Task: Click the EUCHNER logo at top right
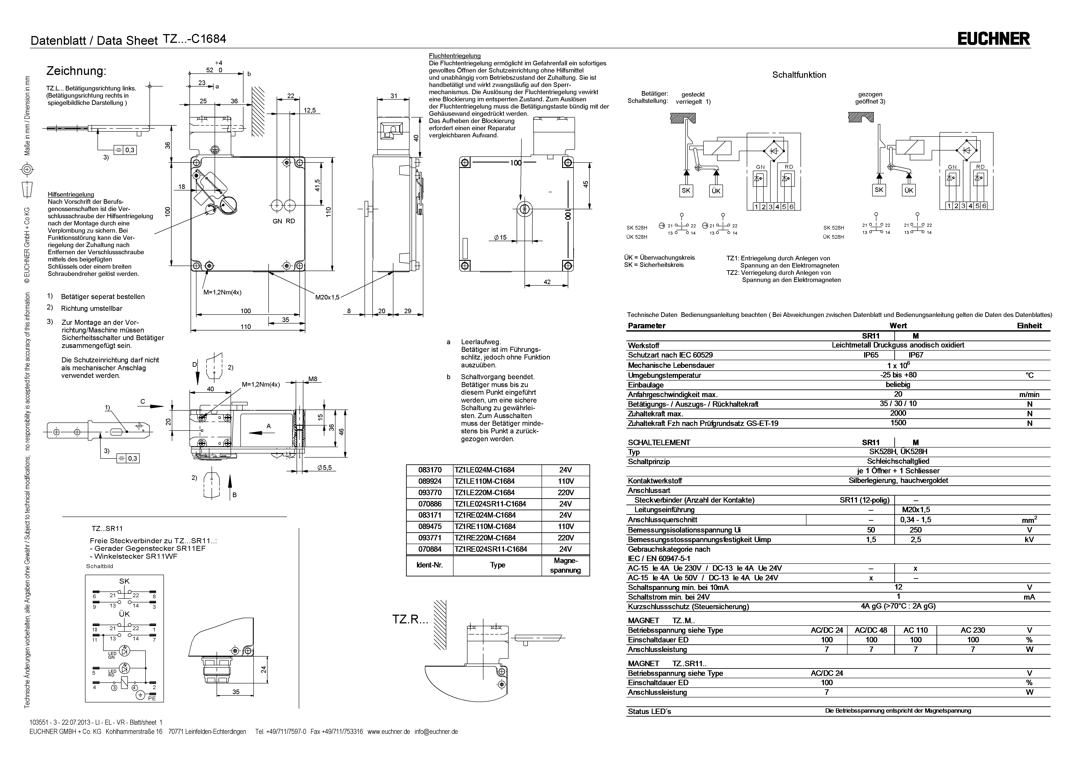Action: tap(993, 39)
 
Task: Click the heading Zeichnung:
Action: tap(76, 71)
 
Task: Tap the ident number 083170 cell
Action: tap(430, 470)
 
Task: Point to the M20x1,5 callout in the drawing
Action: tap(327, 297)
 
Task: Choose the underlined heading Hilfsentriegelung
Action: tap(71, 194)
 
